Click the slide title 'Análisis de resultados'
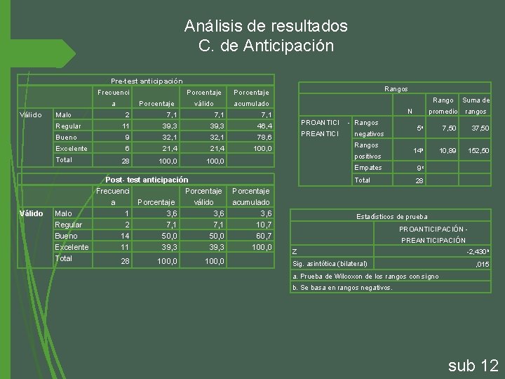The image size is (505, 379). [266, 27]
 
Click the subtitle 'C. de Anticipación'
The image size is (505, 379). [266, 47]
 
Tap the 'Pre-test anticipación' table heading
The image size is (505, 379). [147, 81]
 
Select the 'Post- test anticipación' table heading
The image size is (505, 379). [147, 180]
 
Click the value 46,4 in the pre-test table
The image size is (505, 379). [263, 126]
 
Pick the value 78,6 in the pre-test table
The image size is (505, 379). [263, 138]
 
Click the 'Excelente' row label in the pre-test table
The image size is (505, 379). [71, 149]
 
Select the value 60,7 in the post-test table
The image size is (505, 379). [263, 236]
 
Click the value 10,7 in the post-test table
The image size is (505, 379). [263, 225]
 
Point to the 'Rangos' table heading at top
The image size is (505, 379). [396, 89]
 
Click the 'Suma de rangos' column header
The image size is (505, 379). [475, 105]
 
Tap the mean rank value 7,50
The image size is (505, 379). [448, 128]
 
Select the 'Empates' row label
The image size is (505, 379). [368, 168]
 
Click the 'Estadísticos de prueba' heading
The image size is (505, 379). [392, 217]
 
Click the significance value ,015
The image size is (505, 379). [482, 264]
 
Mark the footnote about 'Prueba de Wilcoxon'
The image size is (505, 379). [365, 277]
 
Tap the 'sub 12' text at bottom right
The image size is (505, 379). [473, 365]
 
